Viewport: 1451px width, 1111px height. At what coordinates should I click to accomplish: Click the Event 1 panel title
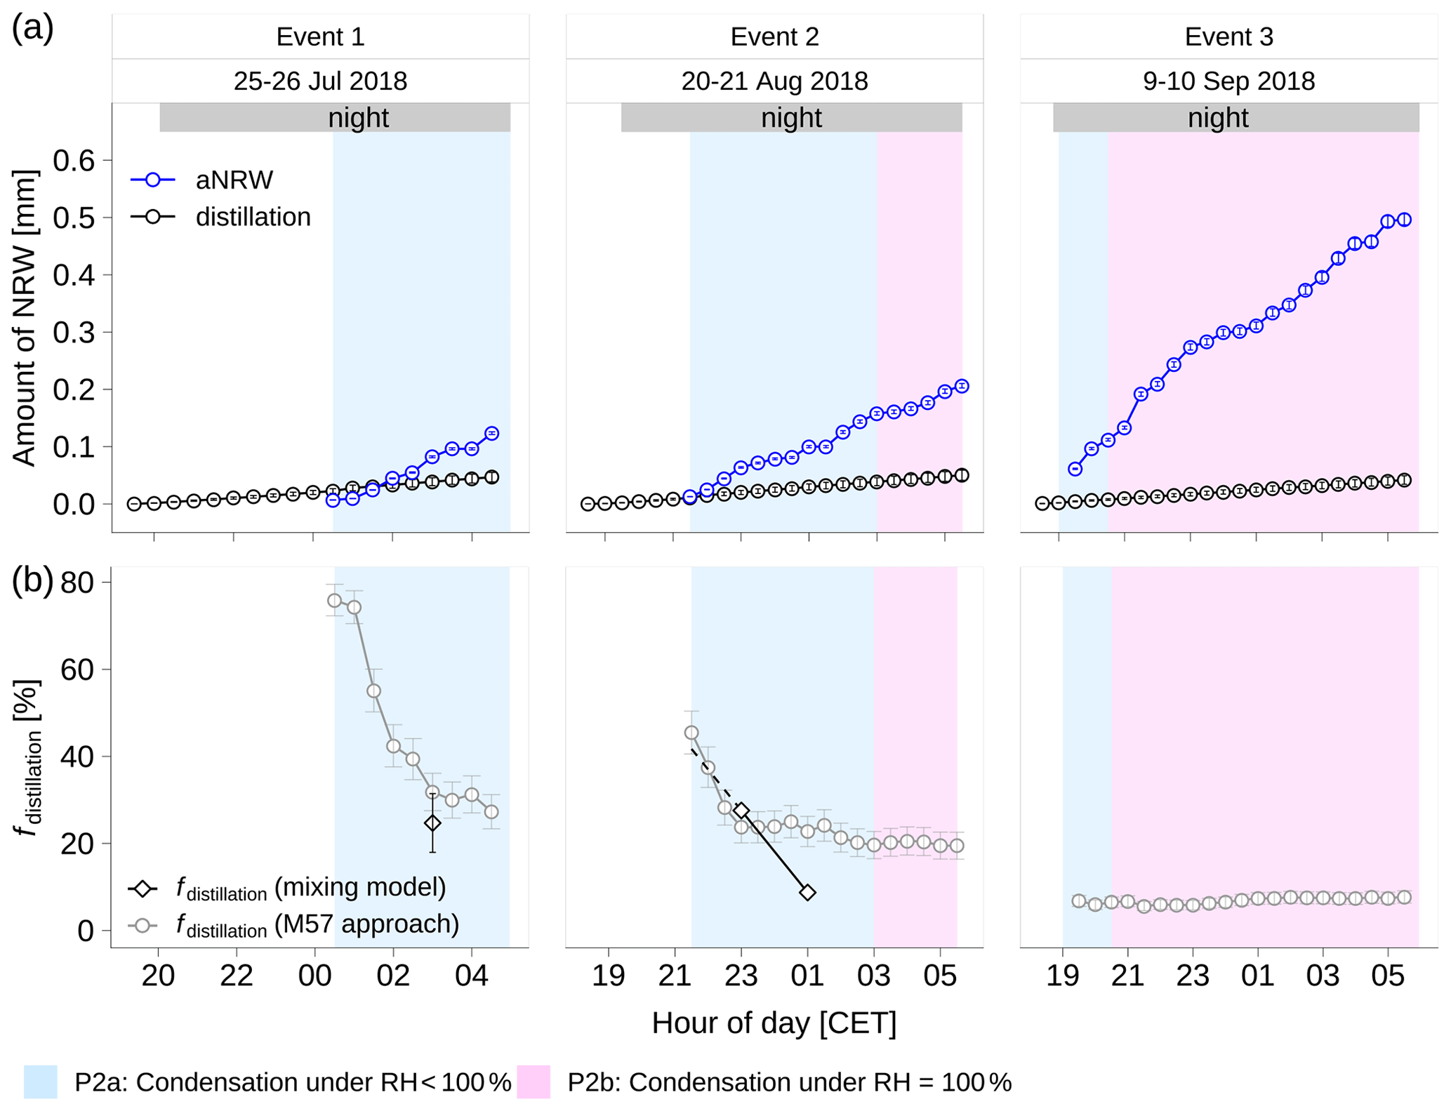(x=320, y=36)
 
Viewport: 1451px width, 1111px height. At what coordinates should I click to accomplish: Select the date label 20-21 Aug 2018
(x=774, y=81)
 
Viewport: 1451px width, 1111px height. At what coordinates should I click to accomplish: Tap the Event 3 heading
(x=1228, y=36)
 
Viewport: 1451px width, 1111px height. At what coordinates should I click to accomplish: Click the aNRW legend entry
(x=234, y=180)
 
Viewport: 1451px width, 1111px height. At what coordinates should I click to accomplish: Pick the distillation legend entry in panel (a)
(x=253, y=217)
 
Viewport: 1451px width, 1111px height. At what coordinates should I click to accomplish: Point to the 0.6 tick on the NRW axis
(x=74, y=161)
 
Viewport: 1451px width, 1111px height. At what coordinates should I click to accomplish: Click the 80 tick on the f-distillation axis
(x=77, y=582)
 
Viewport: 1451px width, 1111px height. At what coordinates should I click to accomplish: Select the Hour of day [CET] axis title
(x=774, y=1023)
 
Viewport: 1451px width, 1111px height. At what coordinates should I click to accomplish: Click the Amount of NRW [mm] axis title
(x=25, y=317)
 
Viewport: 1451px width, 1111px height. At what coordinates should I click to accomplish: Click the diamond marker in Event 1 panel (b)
(x=432, y=823)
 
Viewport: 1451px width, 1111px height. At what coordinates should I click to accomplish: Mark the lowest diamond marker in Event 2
(x=807, y=893)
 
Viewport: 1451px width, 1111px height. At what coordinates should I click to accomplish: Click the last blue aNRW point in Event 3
(x=1404, y=220)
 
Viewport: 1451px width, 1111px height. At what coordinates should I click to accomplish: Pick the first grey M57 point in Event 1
(x=334, y=601)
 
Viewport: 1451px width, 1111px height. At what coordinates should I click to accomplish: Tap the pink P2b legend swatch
(x=533, y=1082)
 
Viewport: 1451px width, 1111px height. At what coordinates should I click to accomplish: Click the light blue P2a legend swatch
(x=40, y=1082)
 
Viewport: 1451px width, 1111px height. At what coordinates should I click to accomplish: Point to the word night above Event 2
(x=791, y=118)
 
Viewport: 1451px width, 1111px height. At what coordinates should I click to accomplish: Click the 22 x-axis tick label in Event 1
(x=237, y=976)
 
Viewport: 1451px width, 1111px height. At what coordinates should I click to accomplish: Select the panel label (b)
(x=32, y=581)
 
